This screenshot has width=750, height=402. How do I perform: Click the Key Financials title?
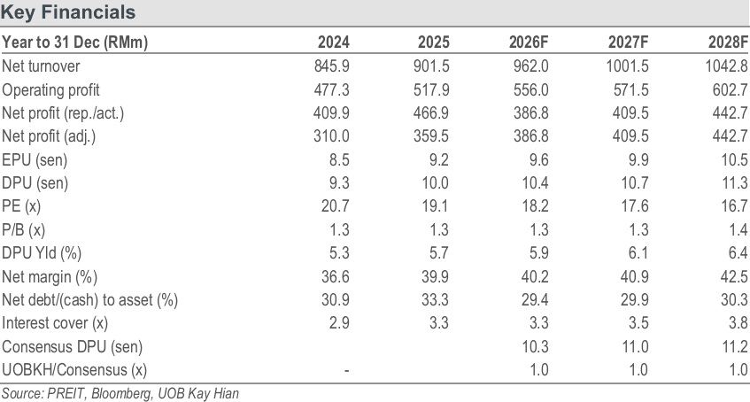pos(68,12)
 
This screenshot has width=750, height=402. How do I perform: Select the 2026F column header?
pos(529,43)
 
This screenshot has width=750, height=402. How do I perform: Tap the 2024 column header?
pos(334,43)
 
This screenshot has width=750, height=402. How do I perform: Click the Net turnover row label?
pos(41,66)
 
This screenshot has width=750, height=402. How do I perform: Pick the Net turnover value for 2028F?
pos(726,66)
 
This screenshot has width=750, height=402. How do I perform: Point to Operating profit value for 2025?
pos(431,89)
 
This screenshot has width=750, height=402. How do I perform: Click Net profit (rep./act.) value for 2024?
pos(331,113)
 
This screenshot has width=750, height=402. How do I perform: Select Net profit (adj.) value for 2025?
pos(431,136)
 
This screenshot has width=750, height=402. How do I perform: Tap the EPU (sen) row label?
pos(35,160)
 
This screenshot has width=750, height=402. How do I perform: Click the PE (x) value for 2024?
pos(335,206)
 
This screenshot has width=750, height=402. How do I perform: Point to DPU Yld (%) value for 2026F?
pos(538,253)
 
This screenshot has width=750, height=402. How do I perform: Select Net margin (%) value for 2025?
pos(431,276)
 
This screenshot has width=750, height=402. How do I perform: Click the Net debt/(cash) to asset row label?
pos(90,300)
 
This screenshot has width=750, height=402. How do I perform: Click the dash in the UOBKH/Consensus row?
pos(346,370)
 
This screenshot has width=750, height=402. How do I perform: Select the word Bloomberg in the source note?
pos(120,394)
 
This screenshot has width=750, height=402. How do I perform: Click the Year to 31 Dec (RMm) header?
pos(74,43)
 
